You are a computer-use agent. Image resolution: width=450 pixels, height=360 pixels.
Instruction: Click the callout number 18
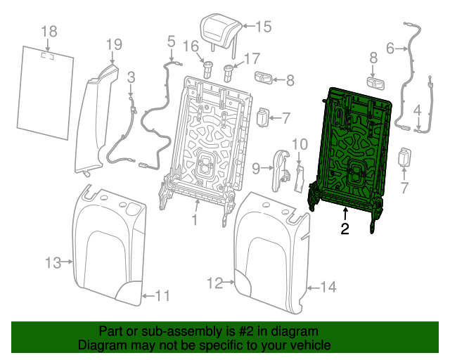tap(49, 32)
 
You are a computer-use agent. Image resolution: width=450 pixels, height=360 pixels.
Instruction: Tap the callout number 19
tap(114, 45)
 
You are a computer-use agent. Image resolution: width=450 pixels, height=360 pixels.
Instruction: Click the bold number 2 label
tap(345, 229)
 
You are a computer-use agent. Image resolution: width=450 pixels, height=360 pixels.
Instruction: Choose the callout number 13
tap(53, 263)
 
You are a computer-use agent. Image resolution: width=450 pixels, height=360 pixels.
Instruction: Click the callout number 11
tap(162, 296)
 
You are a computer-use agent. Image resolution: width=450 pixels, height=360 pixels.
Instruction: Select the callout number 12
tap(214, 283)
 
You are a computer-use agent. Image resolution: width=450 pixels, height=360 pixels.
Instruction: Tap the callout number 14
tap(329, 287)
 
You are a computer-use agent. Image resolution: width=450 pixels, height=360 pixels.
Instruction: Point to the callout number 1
tap(195, 219)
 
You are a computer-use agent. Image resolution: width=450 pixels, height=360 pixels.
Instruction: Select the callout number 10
tap(300, 145)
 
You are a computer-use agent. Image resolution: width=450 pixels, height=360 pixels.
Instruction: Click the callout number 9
tap(256, 167)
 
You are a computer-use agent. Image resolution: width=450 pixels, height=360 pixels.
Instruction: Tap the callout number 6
tap(390, 49)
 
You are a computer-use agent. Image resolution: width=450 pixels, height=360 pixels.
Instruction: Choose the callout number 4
tap(418, 110)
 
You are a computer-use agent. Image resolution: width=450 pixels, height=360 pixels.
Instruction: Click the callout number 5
tap(171, 42)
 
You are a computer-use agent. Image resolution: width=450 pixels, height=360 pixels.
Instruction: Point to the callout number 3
tap(131, 76)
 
